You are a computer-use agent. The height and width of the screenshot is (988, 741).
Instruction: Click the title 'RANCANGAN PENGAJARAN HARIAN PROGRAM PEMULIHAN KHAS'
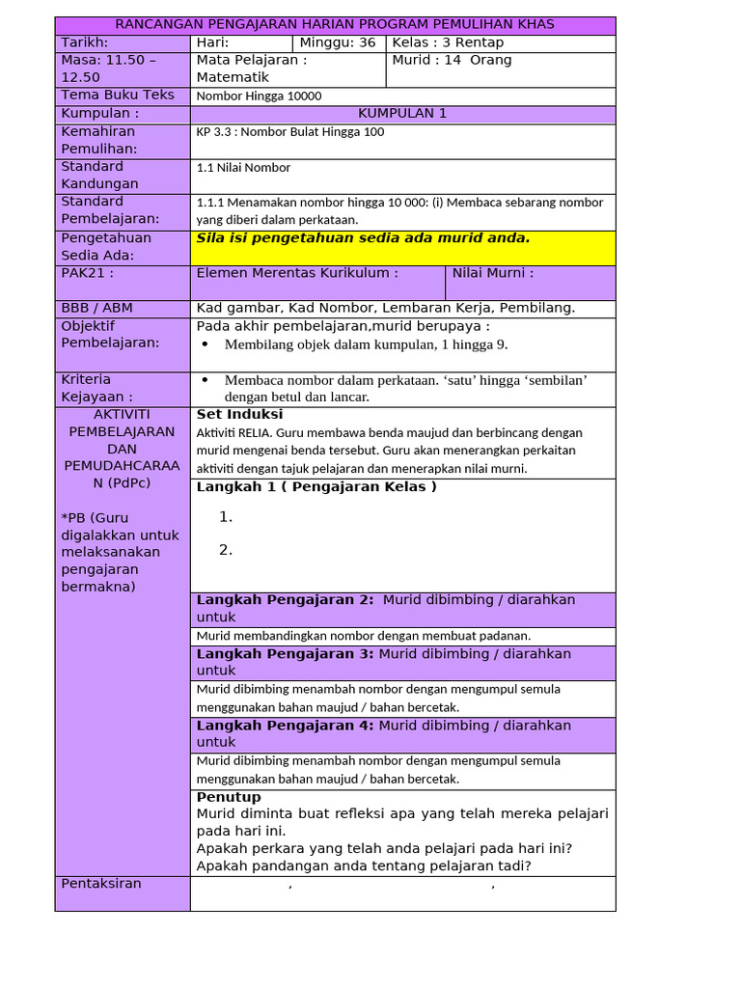click(335, 24)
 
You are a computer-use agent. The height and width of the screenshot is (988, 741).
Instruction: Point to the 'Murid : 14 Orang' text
click(452, 60)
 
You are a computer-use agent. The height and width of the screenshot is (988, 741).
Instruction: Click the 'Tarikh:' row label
click(85, 42)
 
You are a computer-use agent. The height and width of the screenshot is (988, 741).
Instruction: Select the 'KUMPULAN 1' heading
click(402, 113)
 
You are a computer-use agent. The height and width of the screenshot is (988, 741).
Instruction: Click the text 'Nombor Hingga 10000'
click(259, 96)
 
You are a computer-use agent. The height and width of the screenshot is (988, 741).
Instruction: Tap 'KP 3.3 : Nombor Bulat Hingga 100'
click(289, 131)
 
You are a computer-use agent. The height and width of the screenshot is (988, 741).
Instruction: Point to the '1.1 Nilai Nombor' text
click(243, 167)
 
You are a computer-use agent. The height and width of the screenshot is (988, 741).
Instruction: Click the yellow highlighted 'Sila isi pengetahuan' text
click(363, 238)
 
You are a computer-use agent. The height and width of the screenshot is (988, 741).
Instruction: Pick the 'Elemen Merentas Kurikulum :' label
click(297, 273)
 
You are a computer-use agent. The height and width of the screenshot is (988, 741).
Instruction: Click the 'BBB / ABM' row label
click(96, 308)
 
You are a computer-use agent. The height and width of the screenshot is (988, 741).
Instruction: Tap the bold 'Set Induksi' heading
click(239, 415)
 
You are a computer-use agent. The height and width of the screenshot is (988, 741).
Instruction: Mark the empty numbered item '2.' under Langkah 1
click(226, 550)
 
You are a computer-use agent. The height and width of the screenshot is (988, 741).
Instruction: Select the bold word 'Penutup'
click(229, 797)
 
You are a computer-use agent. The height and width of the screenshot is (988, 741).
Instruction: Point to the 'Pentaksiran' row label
click(101, 884)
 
